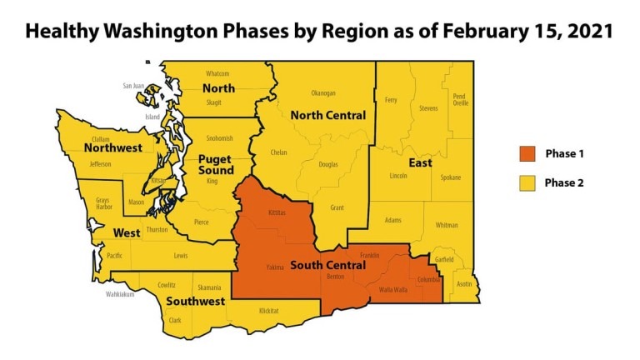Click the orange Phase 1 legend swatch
point(527,154)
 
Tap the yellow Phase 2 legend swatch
point(527,182)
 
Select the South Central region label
point(327,266)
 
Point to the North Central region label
point(327,115)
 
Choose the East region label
point(420,162)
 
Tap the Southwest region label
point(195,301)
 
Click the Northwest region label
point(112,148)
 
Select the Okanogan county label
point(323,93)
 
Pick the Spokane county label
point(451,177)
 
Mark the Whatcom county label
point(217,73)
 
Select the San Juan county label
point(133,86)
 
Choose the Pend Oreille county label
point(460,99)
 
